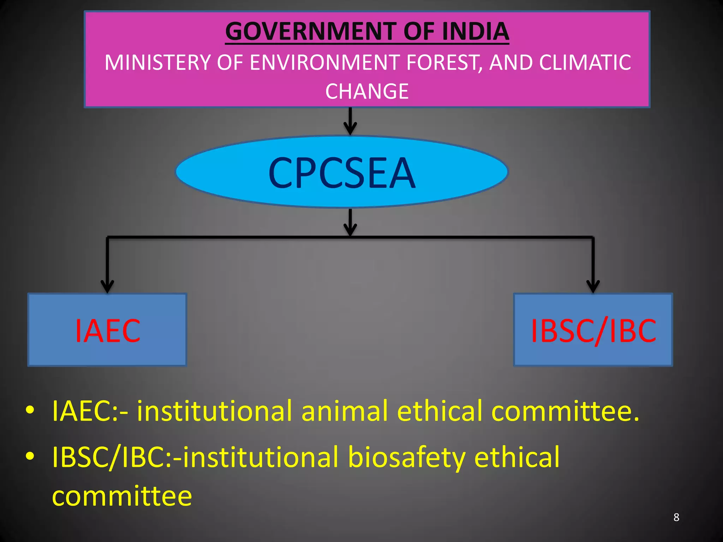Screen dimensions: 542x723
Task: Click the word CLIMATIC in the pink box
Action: coord(585,63)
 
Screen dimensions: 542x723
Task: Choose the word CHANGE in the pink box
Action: coord(367,91)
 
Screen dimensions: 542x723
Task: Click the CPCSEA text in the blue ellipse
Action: coord(342,173)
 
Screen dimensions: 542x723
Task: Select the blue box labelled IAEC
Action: coord(107,330)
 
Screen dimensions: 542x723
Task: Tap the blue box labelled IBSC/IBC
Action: coord(593,330)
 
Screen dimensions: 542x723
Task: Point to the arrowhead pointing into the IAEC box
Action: coord(107,286)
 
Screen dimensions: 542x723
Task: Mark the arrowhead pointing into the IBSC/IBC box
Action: coord(593,286)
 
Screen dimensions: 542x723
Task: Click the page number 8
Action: coord(676,517)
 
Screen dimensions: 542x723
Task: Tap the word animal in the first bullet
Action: coord(345,411)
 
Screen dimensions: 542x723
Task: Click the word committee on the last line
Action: coord(122,496)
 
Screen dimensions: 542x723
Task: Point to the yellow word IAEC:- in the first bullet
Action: coord(90,411)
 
